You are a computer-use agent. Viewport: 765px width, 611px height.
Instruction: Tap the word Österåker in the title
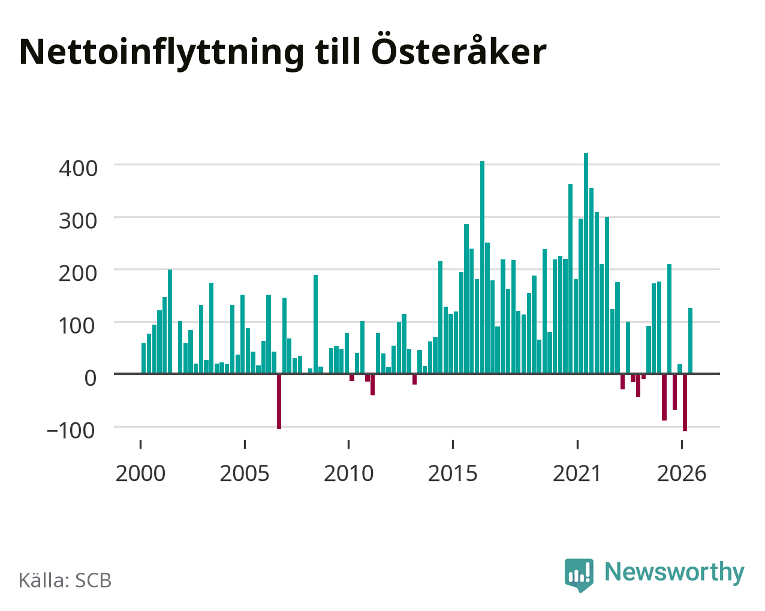(459, 49)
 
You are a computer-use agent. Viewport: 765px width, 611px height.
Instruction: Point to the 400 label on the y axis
(78, 169)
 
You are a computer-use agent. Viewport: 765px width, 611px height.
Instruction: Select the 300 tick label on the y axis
(78, 221)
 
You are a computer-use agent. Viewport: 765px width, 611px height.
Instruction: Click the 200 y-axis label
(78, 274)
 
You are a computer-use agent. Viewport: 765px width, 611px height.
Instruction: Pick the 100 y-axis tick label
(77, 326)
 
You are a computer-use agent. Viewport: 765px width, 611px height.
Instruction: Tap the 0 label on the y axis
(91, 379)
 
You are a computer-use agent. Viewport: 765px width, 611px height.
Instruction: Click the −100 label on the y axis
(71, 431)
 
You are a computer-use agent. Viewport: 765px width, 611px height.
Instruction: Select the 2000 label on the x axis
(141, 473)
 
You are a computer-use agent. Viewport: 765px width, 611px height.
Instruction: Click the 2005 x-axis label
(245, 473)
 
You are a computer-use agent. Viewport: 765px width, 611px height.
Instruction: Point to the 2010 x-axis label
(349, 473)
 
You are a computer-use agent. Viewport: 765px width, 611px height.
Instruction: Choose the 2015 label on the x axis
(453, 473)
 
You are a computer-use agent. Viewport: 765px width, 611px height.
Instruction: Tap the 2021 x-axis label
(577, 473)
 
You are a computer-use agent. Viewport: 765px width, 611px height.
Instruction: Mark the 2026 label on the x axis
(682, 473)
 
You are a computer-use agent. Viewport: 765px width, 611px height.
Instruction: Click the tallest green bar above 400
(586, 263)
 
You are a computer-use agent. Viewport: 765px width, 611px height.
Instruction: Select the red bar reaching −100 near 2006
(279, 401)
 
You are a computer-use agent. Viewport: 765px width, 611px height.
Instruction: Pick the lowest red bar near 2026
(685, 403)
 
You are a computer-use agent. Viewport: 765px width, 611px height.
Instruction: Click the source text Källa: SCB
(65, 581)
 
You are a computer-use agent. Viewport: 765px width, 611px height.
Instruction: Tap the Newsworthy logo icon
(579, 575)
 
